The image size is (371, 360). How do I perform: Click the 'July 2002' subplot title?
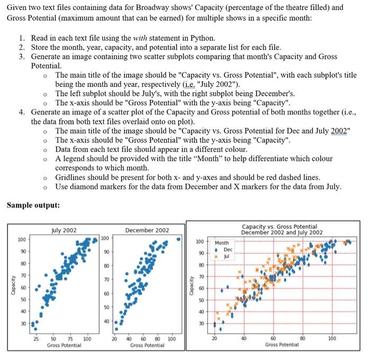(x=64, y=230)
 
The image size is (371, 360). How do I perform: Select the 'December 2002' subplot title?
(x=147, y=230)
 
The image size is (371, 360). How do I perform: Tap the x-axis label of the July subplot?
(x=64, y=345)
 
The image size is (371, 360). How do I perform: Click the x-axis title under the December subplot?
(x=147, y=345)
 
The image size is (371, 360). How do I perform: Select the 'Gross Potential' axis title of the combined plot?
(x=281, y=344)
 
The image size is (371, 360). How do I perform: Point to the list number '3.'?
(x=22, y=57)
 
